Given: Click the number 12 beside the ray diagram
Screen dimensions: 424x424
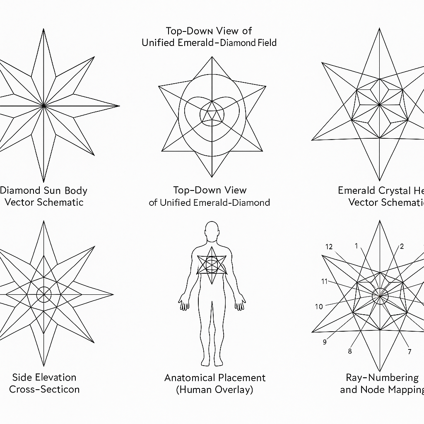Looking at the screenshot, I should click(x=329, y=247).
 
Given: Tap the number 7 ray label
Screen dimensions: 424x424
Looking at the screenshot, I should click(x=409, y=352).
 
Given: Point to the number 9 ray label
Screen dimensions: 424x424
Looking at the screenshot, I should click(x=325, y=342).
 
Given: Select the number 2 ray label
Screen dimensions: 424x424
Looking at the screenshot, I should click(x=401, y=247).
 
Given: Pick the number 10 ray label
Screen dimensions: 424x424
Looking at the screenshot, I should click(x=318, y=307).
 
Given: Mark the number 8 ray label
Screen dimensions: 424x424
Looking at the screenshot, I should click(x=350, y=352).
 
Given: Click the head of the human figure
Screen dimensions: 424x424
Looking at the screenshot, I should click(x=212, y=230).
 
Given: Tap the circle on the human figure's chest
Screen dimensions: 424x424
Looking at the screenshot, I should click(x=212, y=263).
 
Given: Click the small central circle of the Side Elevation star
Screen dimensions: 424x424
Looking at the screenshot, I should click(x=44, y=295).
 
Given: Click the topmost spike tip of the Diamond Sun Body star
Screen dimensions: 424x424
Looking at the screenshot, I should click(x=43, y=30).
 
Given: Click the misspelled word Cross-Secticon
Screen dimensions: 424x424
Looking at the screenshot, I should click(x=44, y=389).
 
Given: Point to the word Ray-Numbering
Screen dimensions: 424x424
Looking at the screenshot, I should click(x=382, y=377).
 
